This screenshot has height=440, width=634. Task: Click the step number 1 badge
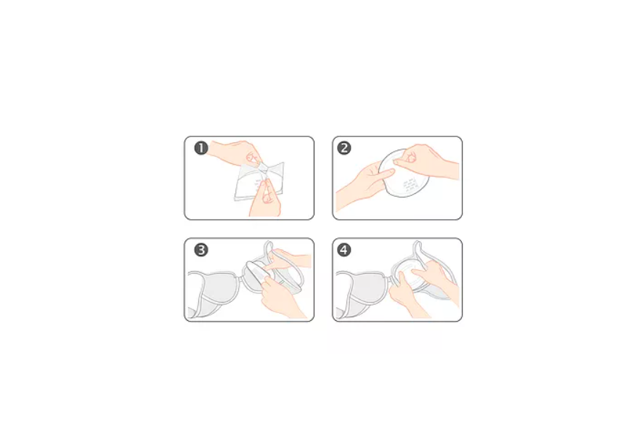pyautogui.click(x=201, y=148)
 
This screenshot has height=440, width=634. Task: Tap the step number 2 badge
pyautogui.click(x=344, y=148)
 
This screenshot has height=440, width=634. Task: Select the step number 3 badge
pyautogui.click(x=201, y=250)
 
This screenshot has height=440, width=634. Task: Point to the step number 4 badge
pyautogui.click(x=344, y=250)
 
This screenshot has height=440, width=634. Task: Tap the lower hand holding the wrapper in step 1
pyautogui.click(x=265, y=198)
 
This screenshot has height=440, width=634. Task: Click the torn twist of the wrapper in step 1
pyautogui.click(x=264, y=170)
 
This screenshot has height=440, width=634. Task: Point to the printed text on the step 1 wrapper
pyautogui.click(x=258, y=184)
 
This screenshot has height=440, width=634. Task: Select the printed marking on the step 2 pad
pyautogui.click(x=410, y=184)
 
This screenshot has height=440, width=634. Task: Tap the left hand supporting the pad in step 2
pyautogui.click(x=364, y=185)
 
